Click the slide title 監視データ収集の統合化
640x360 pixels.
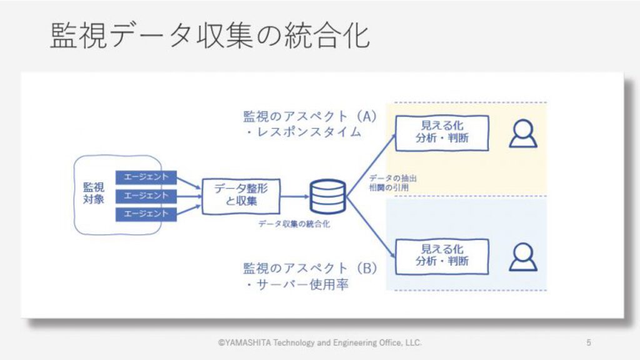coord(210,36)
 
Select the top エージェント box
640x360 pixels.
coord(146,177)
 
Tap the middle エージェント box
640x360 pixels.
coord(146,196)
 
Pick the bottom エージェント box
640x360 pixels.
coord(146,214)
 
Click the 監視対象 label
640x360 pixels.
coord(94,193)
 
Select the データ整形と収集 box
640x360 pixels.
coord(241,196)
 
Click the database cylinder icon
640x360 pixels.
coord(327,196)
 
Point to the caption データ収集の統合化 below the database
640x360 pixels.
coord(294,224)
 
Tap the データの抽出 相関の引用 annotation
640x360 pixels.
coord(392,183)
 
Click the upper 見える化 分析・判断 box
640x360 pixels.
coord(442,133)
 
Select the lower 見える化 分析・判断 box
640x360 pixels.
coord(442,256)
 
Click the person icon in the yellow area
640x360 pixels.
coord(523,134)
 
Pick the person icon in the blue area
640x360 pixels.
coord(523,257)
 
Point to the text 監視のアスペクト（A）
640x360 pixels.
coord(310,117)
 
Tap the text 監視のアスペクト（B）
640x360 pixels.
coord(310,269)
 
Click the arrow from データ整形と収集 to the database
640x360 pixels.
coord(295,196)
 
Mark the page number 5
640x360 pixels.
coord(589,342)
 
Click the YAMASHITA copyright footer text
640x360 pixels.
coord(319,342)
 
